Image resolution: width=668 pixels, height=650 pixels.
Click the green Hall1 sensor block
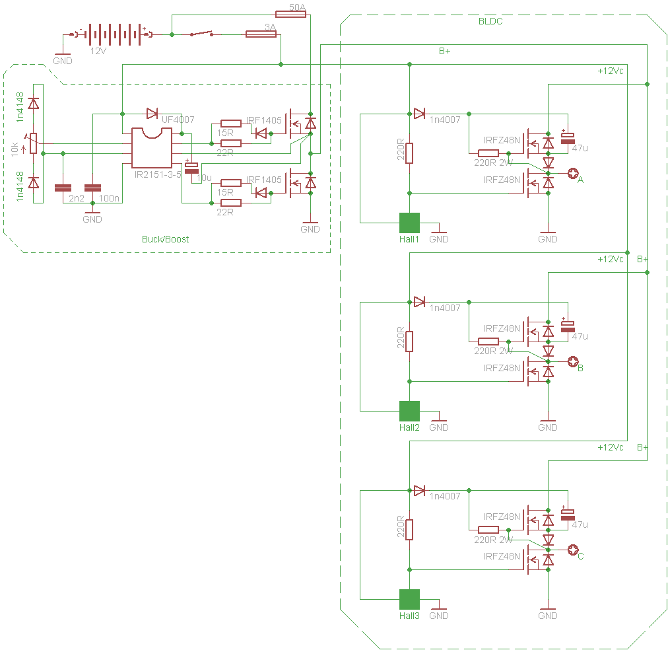(409, 223)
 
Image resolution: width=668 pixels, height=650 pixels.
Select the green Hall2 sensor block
(409, 412)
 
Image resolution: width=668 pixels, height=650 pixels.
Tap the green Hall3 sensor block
(409, 600)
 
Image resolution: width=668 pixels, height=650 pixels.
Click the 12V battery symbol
(112, 34)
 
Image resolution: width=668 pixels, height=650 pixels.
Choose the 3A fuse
(261, 34)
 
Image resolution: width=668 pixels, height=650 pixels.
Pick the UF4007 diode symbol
(152, 114)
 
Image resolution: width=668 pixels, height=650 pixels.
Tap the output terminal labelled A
(572, 174)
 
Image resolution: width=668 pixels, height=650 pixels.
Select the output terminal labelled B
(572, 362)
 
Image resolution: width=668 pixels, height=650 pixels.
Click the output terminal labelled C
(572, 550)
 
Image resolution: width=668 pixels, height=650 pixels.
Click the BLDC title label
(490, 21)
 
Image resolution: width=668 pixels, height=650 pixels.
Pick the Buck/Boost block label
(165, 239)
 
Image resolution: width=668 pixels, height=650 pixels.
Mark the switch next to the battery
(202, 33)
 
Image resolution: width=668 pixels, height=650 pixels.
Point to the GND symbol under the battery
(63, 56)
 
